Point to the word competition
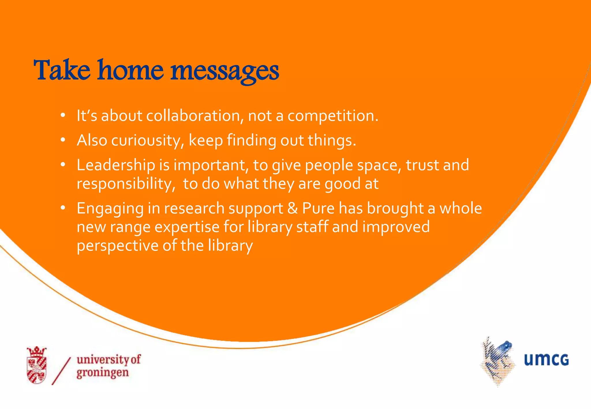[x=332, y=116]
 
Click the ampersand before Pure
[x=293, y=208]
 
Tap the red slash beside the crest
[x=61, y=371]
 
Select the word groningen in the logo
[x=103, y=373]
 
